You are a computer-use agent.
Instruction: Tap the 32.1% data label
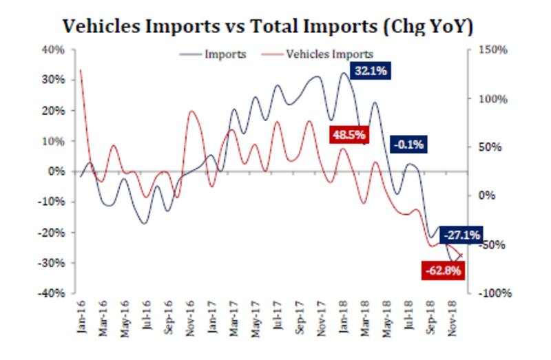(370, 70)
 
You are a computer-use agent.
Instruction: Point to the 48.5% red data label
(349, 134)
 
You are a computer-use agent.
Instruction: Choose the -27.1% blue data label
(461, 234)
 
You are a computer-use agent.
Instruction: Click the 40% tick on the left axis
(54, 50)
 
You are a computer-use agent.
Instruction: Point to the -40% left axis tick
(52, 293)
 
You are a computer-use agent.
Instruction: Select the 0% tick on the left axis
(56, 171)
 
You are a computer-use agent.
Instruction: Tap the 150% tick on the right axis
(493, 50)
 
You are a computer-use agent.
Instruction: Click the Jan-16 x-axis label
(81, 319)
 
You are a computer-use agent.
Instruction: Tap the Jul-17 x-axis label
(278, 319)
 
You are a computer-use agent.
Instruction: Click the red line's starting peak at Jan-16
(81, 70)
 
